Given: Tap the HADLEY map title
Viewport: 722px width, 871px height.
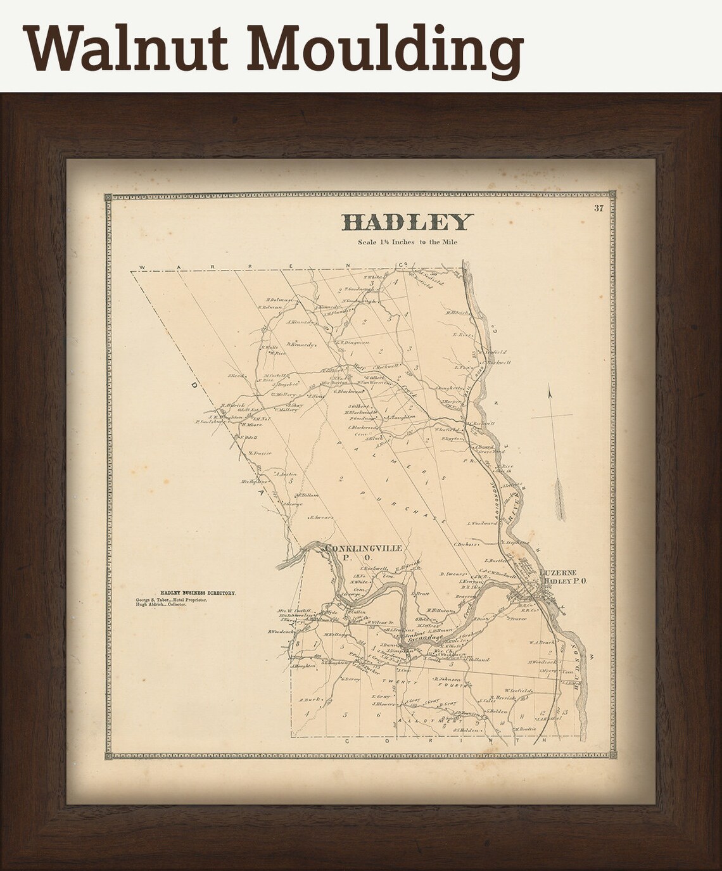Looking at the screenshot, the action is (407, 222).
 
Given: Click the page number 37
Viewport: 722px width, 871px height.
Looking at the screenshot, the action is (598, 208).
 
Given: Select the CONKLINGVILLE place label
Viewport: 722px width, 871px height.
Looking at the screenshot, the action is (363, 549).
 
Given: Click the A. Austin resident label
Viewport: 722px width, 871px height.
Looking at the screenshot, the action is (286, 473).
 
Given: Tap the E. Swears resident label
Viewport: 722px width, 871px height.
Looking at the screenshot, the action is (322, 518).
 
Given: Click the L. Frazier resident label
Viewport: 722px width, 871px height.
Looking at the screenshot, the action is (260, 453).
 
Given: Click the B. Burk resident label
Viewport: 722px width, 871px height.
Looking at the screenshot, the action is (308, 699).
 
